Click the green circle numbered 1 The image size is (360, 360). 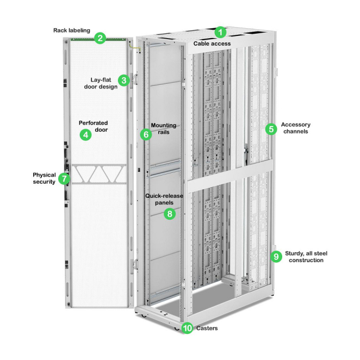coord(220,32)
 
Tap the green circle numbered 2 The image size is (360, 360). coord(100,38)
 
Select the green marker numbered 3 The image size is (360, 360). coord(124,80)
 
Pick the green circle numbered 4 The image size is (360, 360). coord(85,135)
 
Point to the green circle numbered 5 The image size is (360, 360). coord(270,129)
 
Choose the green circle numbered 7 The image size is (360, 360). coord(64,178)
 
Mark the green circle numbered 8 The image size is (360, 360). coord(170,214)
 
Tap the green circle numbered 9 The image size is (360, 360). coord(276,256)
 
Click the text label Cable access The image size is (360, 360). coord(212,44)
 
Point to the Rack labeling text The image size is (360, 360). coord(72,30)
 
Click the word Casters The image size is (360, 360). coord(207,328)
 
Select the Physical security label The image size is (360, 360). coord(44,178)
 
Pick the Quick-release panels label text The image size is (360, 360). coord(164,198)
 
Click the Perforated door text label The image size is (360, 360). coord(94,127)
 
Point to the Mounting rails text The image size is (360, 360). coord(163,129)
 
